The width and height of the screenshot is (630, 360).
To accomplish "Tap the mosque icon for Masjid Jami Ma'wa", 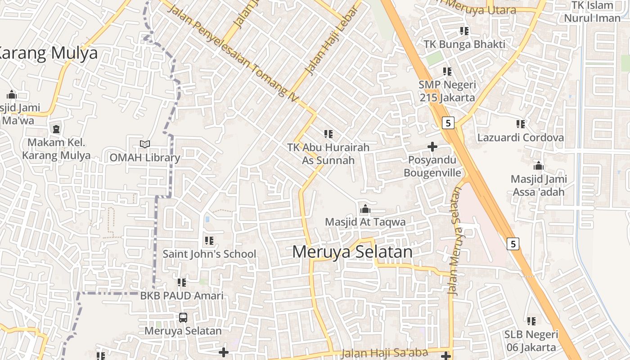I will click(12, 95).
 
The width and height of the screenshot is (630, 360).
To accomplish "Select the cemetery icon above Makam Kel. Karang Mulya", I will click(56, 130).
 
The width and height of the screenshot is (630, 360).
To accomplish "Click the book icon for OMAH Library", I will click(145, 144).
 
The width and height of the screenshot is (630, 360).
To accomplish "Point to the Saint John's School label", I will click(209, 254).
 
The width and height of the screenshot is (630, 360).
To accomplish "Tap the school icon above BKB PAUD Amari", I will click(182, 283).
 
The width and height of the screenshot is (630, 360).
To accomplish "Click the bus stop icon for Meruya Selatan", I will click(183, 318).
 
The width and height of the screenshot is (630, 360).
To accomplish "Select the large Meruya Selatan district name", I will click(352, 252).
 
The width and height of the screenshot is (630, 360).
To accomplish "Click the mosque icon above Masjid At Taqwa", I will click(365, 209).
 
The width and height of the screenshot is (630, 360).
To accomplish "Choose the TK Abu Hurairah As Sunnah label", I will click(328, 154).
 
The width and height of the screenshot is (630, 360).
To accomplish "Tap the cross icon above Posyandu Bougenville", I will click(432, 147).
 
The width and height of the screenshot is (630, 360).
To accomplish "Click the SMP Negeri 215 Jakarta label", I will click(447, 91).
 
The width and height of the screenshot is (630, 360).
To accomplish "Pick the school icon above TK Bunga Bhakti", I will click(464, 31).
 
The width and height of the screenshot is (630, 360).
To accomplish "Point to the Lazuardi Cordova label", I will click(521, 138).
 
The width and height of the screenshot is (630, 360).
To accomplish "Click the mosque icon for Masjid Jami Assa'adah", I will click(539, 166).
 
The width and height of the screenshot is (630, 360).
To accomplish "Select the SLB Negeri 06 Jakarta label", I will click(531, 341).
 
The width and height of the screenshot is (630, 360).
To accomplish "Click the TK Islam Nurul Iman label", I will click(592, 12).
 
